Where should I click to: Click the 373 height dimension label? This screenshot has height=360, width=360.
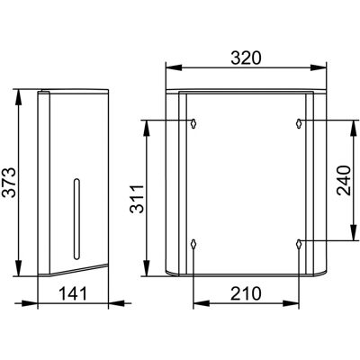click(x=9, y=183)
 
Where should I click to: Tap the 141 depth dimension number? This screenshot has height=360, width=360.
click(x=73, y=293)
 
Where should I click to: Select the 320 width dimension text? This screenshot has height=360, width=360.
click(x=246, y=58)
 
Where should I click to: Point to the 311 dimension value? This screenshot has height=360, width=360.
click(x=137, y=199)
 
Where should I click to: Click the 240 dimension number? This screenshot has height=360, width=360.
click(x=344, y=181)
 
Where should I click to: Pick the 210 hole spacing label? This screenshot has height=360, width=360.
click(x=246, y=293)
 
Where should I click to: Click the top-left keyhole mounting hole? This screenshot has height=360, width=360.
click(x=193, y=123)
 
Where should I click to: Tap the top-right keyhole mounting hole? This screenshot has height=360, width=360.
click(x=299, y=123)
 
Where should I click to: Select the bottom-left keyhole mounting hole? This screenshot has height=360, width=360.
click(x=193, y=244)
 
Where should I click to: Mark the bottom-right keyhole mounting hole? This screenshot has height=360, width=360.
click(x=299, y=244)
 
